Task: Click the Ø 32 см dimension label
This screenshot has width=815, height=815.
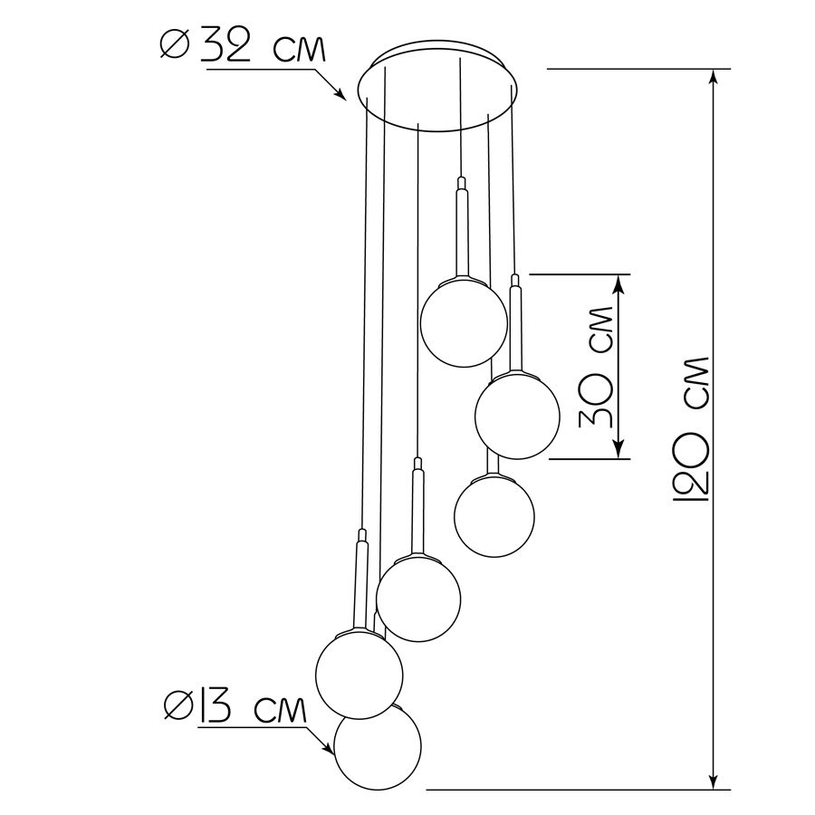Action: [243, 48]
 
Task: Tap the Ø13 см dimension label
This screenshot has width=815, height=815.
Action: [235, 707]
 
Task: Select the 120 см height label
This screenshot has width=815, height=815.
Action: [691, 429]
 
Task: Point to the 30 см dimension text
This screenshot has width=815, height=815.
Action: [596, 367]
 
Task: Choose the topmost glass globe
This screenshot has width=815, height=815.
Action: [464, 322]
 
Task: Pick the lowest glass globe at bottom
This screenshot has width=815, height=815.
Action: [378, 746]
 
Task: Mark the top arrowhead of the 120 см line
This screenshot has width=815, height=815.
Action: [714, 78]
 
